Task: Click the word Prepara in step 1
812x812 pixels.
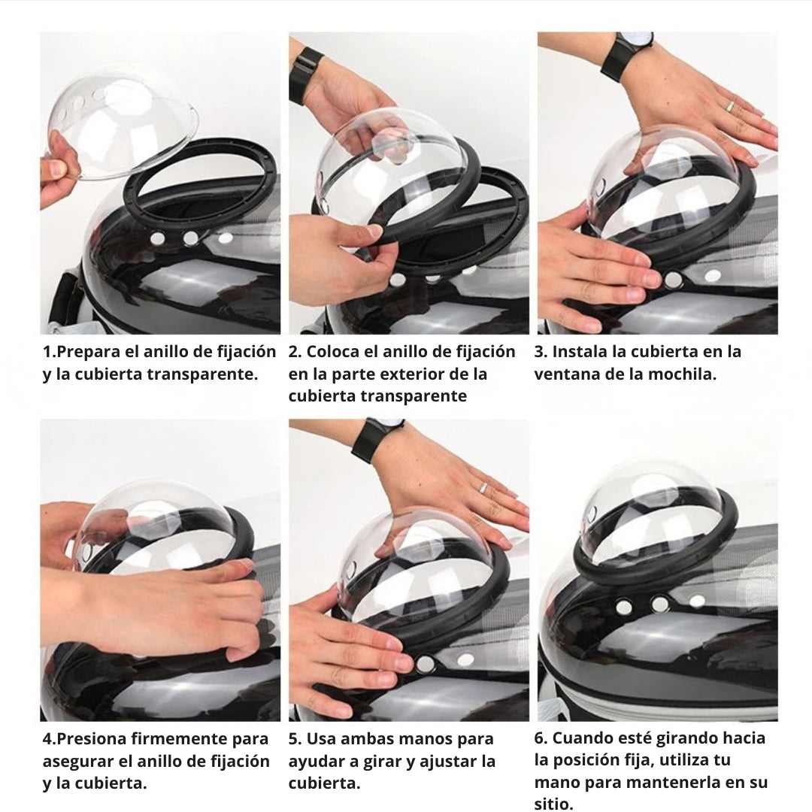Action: coord(89,352)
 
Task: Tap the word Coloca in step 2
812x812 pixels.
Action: coord(332,352)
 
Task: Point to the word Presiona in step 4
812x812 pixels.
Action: coord(91,739)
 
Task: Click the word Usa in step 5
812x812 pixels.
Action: coord(320,739)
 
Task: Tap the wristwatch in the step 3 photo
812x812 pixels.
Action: coord(628,54)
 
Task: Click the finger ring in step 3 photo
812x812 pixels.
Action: coord(729,106)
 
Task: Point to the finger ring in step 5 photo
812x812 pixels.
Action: coord(483,487)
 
